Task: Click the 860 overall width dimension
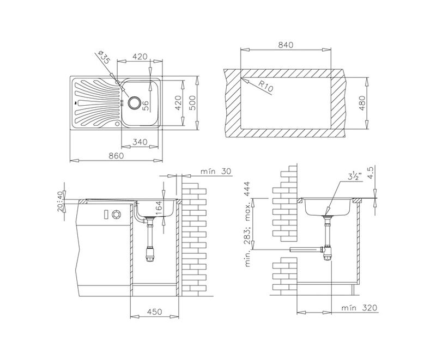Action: [x=116, y=156]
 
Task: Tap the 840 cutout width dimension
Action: [x=286, y=45]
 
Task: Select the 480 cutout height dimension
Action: [x=362, y=103]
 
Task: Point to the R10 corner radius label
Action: [x=265, y=86]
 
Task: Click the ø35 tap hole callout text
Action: [x=104, y=58]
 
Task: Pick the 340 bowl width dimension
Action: [x=140, y=142]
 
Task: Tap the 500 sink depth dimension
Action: [x=192, y=102]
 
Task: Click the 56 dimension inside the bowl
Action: [x=146, y=106]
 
